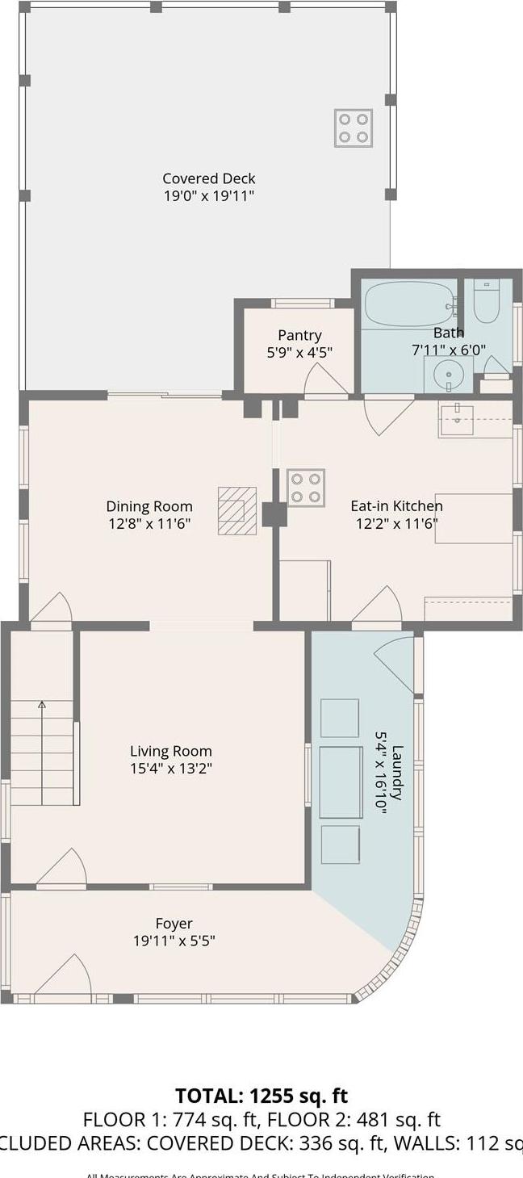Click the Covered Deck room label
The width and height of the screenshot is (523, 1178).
[209, 178]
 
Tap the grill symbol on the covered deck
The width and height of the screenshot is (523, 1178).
[354, 128]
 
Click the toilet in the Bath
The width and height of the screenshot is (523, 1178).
[486, 300]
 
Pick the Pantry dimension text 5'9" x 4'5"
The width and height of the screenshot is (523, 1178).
[299, 352]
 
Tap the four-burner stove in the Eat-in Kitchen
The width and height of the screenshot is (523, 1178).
[306, 488]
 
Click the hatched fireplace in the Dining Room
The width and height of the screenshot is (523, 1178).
[236, 510]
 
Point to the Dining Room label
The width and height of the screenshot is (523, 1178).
[149, 506]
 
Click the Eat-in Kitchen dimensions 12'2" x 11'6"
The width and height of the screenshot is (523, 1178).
[396, 522]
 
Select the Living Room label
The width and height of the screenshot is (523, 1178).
[171, 751]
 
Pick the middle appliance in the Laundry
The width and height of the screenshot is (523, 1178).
[341, 782]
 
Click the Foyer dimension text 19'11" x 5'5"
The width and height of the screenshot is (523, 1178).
[174, 941]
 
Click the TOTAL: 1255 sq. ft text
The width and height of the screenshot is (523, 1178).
[261, 1096]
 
